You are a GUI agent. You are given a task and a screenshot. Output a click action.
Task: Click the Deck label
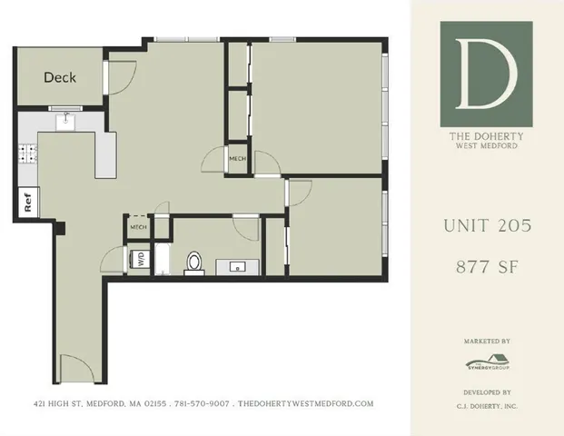tap(60, 77)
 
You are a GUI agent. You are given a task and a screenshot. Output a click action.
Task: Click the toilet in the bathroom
tap(193, 263)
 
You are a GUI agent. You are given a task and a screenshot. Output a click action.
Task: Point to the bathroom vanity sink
tap(237, 267)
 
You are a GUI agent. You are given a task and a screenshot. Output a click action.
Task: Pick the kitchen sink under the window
tap(65, 121)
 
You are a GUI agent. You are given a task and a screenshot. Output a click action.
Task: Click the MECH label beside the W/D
tap(139, 227)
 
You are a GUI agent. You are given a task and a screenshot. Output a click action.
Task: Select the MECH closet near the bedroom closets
tap(237, 159)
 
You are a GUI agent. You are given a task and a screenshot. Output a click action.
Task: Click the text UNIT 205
tap(486, 225)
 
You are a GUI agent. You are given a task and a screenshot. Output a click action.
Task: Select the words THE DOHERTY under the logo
tap(486, 137)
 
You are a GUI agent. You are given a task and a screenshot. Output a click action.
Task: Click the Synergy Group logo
tap(486, 362)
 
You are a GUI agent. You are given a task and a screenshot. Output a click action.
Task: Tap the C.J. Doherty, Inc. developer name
tap(486, 405)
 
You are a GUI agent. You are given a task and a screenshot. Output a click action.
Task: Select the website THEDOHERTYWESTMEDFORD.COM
tap(305, 403)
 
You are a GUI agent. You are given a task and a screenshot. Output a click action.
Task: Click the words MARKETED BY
tap(486, 342)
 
